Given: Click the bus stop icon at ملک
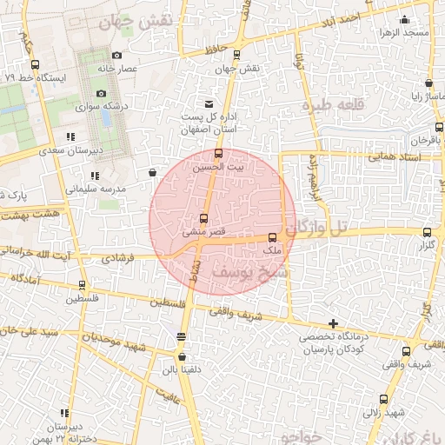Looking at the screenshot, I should coord(273,237).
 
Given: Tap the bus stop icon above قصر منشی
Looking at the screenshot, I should coord(204,219).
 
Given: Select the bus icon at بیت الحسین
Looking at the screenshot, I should coord(217,154).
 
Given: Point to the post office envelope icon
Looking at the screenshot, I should coord(207,103).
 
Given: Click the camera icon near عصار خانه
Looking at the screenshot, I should coord(116,55).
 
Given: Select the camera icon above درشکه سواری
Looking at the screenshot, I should coord(102,94).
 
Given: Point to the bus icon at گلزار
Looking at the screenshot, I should coord(426,232).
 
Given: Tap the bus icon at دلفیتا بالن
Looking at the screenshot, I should coord(181,355).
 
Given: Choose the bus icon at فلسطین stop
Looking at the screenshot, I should coord(83,284).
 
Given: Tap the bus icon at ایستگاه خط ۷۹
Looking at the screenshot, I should coord(35,64).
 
